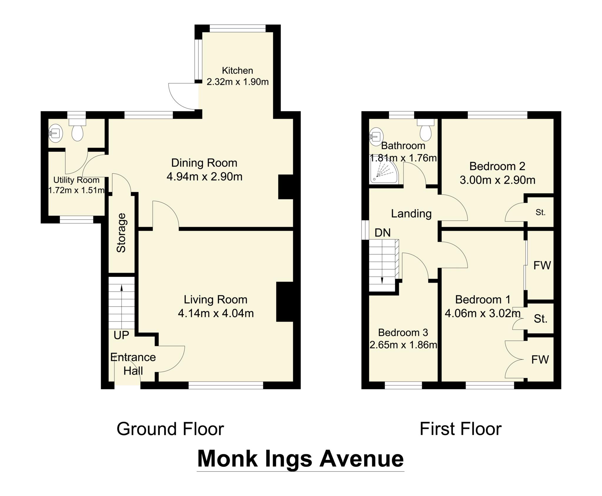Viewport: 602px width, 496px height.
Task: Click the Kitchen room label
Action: (x=237, y=70)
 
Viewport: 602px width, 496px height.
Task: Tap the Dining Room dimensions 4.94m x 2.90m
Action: (x=204, y=177)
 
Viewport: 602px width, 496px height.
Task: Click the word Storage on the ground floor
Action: (x=121, y=233)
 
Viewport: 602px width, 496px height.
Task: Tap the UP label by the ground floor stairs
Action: (x=121, y=335)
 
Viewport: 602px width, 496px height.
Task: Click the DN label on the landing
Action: (x=383, y=233)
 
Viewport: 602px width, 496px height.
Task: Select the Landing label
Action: (x=411, y=213)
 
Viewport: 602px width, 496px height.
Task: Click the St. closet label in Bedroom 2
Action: (x=540, y=212)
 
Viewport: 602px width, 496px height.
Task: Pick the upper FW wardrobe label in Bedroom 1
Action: (x=542, y=265)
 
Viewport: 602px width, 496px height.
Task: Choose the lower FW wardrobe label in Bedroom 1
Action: (x=540, y=359)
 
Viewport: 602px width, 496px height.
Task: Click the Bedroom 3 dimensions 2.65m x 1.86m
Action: (x=403, y=345)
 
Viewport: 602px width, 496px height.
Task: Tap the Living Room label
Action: (x=215, y=300)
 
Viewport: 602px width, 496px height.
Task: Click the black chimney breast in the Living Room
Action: (x=285, y=302)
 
